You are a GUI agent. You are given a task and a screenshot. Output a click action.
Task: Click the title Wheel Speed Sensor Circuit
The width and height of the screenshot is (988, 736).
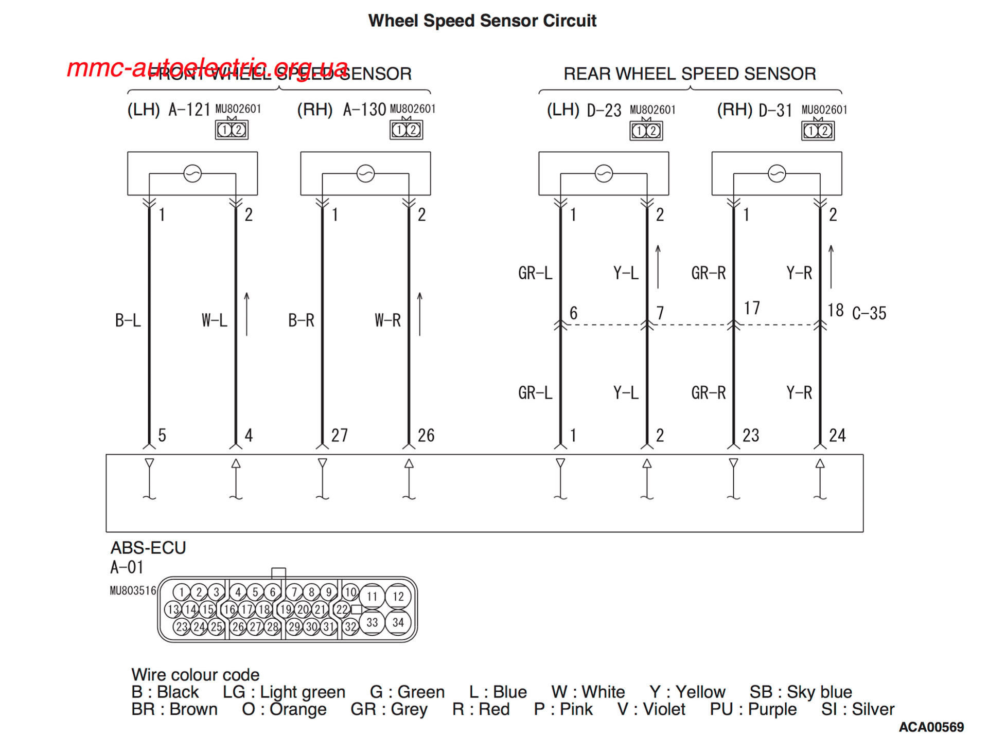(x=482, y=21)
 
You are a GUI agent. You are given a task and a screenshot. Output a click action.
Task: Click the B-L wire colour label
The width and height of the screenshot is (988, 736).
(x=128, y=320)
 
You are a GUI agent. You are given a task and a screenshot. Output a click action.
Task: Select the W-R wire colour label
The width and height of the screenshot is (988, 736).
(x=387, y=320)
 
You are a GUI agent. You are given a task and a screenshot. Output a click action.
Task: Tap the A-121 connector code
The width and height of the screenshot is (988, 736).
(x=189, y=110)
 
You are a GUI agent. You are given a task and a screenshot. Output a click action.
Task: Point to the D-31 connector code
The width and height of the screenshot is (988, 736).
(x=775, y=111)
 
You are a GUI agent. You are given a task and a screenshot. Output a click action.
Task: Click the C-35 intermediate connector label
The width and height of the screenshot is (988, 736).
(x=869, y=313)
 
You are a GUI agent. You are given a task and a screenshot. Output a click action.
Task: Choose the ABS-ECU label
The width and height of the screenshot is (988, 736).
(x=148, y=548)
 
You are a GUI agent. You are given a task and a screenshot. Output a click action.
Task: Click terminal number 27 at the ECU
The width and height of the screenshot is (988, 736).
(x=339, y=436)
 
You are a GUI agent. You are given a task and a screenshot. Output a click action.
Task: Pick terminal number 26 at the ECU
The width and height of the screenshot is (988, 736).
(x=426, y=436)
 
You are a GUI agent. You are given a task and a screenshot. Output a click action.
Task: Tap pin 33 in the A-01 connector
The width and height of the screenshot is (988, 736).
(x=372, y=622)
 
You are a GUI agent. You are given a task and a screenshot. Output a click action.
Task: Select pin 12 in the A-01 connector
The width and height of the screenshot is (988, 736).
(x=398, y=597)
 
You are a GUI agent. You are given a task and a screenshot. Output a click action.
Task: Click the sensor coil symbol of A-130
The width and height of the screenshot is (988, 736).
(x=365, y=174)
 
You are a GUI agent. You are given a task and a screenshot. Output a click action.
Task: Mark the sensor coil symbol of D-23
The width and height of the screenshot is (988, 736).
(x=604, y=174)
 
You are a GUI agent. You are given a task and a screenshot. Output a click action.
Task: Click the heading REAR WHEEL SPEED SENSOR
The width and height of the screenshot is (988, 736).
(x=690, y=74)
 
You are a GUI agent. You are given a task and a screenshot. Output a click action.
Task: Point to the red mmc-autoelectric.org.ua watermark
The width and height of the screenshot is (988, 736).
(x=207, y=68)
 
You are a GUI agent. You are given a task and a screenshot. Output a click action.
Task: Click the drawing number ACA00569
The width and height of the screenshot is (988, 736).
(x=931, y=727)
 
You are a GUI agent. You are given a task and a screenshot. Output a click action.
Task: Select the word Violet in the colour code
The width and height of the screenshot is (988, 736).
(x=664, y=709)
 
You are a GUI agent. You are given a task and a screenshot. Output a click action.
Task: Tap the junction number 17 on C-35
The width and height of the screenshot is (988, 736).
(x=751, y=308)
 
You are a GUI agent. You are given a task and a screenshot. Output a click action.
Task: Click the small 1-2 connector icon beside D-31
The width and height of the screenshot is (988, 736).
(x=818, y=131)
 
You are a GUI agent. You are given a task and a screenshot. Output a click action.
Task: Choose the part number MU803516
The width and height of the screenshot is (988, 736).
(x=133, y=590)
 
